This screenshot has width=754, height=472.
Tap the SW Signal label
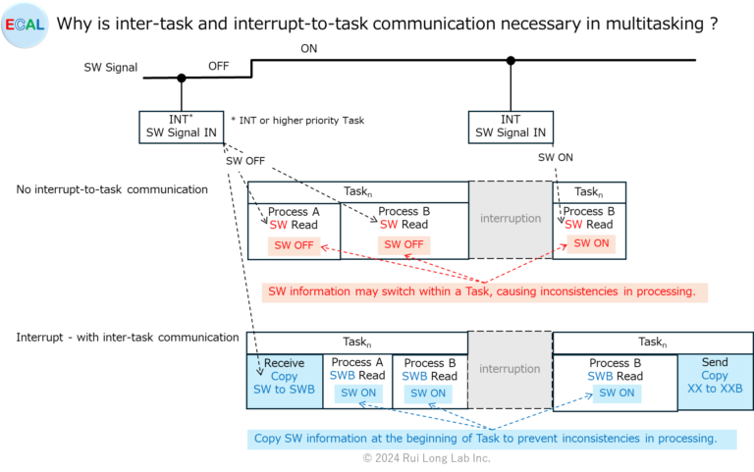click(110, 69)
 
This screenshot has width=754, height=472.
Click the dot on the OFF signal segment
click(181, 78)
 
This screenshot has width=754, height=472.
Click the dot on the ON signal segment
click(511, 61)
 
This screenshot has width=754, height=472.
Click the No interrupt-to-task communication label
click(112, 188)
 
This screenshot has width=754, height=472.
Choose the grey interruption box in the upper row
click(511, 219)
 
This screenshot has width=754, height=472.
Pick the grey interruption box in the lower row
click(511, 369)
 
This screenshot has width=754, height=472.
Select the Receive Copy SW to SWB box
click(284, 377)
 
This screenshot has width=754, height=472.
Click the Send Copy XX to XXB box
click(715, 376)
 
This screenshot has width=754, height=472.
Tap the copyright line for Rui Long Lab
click(427, 457)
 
